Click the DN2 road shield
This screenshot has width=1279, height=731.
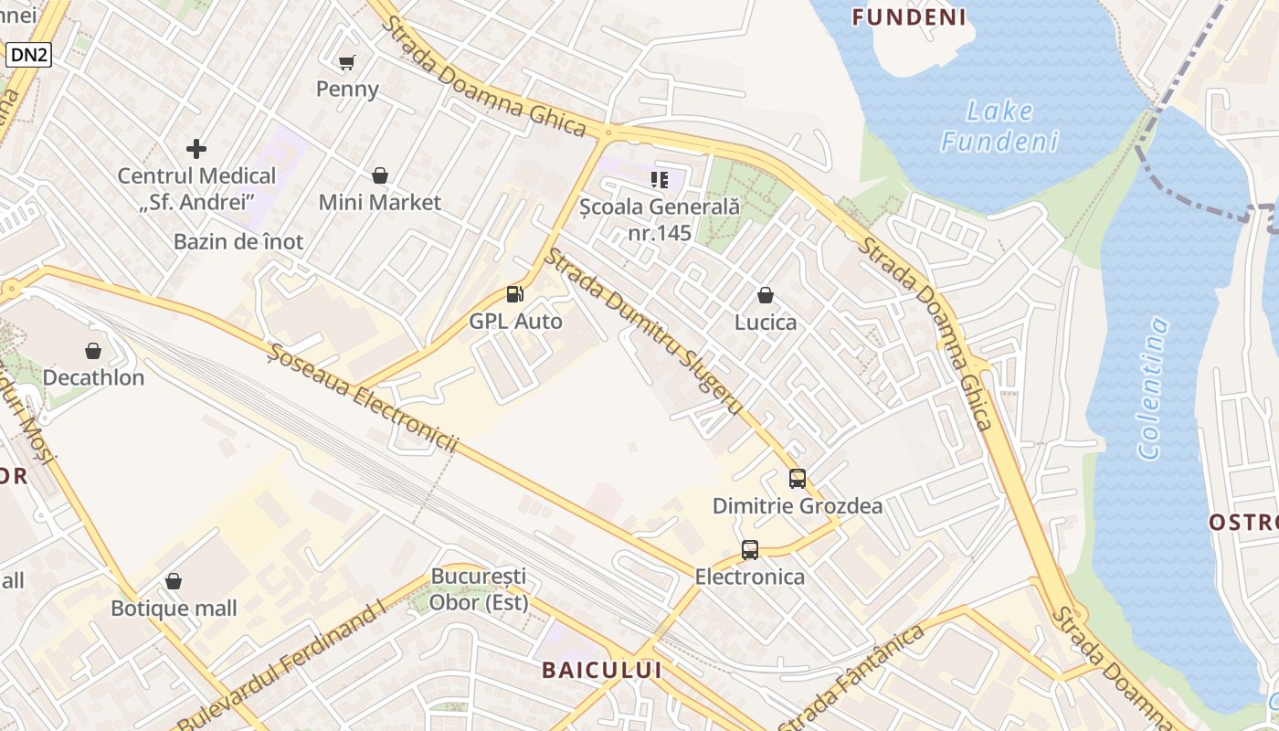[29, 55]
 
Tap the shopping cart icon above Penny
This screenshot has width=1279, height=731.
[346, 62]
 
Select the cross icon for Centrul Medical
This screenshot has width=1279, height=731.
[196, 148]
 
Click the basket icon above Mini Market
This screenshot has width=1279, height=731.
[379, 175]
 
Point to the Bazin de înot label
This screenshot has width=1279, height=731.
[238, 242]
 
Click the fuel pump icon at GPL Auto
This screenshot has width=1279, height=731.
[515, 293]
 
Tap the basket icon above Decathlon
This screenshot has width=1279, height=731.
[93, 350]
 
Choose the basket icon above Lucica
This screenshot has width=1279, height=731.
[766, 295]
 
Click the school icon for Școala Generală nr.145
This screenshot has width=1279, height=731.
[660, 179]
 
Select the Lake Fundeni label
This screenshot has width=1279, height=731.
[1000, 126]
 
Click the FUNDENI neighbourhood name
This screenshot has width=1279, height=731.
[909, 17]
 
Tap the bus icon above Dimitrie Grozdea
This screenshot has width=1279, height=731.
[798, 478]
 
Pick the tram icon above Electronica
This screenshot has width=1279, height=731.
[750, 549]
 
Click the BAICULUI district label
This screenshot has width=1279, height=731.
[601, 670]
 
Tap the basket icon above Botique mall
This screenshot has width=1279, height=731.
[174, 581]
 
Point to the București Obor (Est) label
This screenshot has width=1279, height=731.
[479, 589]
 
